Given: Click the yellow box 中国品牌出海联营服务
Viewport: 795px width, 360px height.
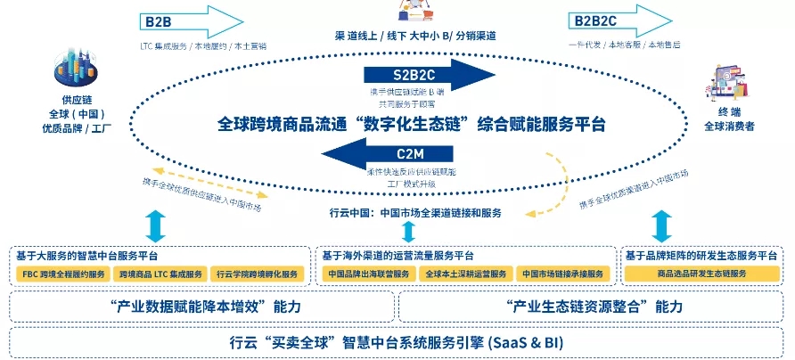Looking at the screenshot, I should pos(367,274).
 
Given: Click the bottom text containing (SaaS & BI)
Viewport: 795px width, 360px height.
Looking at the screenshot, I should pos(397,342).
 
